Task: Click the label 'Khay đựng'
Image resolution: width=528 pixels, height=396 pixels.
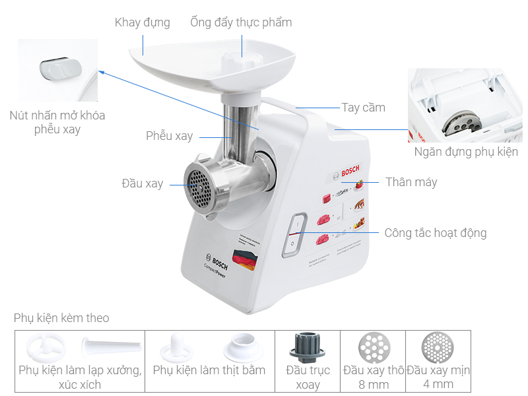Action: click(x=142, y=22)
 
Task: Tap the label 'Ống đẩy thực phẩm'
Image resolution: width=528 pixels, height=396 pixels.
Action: click(x=241, y=22)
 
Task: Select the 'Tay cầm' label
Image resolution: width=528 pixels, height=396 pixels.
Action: click(x=363, y=108)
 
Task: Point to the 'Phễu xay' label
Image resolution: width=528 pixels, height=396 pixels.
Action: click(x=170, y=136)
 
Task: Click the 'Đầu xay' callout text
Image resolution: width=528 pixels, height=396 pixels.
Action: click(x=142, y=183)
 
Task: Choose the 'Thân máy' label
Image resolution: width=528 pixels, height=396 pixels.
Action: click(x=411, y=182)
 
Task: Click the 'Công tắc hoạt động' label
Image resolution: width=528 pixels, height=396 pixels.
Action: click(x=436, y=233)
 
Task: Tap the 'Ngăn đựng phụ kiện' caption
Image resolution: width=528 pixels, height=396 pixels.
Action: click(x=466, y=152)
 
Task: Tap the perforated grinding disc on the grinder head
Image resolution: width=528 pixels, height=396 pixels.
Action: click(x=198, y=185)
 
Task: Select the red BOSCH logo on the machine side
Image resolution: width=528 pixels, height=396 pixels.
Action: click(x=350, y=174)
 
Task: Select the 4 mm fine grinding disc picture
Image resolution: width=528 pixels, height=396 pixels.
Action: click(x=438, y=346)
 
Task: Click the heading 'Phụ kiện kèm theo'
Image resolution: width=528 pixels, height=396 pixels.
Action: click(x=61, y=318)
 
